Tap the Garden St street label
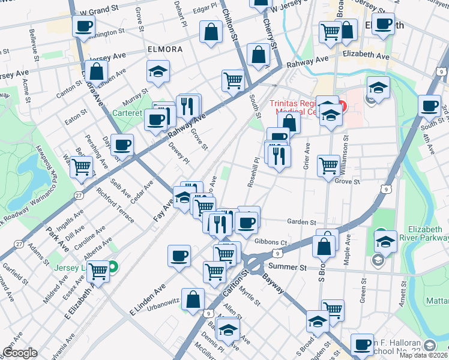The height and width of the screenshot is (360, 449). pos(301,221)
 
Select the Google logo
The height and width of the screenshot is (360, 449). pos(20,353)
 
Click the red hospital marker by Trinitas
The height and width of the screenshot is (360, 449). pos(343,107)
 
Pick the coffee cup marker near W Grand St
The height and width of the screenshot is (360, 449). pos(83,27)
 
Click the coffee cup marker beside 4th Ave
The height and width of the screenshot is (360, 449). pos(429,107)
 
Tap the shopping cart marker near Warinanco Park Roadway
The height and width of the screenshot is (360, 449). pos(81,167)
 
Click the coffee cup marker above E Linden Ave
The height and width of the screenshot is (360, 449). pos(179,257)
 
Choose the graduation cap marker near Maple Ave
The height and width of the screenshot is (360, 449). pos(385,242)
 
